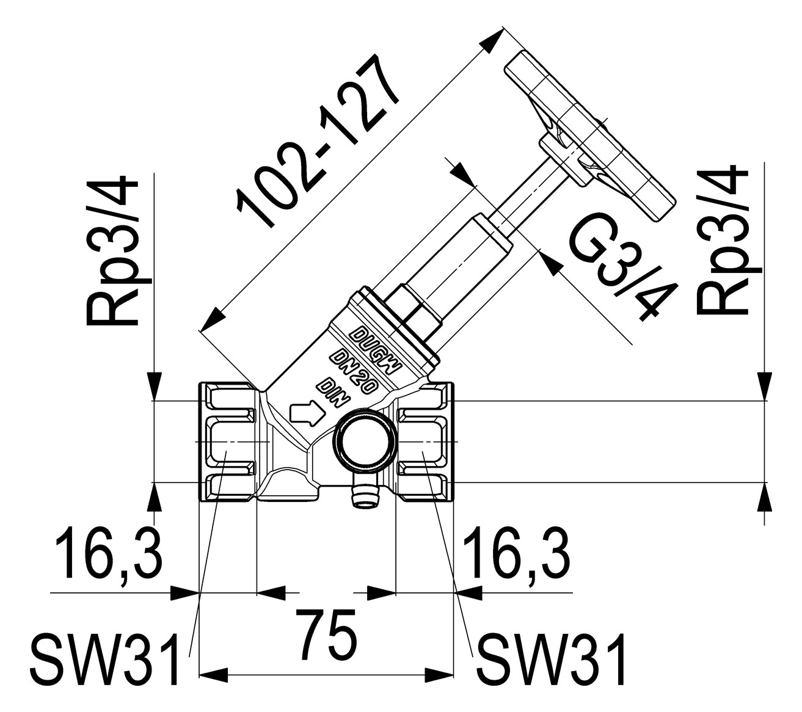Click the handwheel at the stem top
589,137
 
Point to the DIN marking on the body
334,393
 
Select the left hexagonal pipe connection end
228,441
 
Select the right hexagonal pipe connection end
425,441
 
